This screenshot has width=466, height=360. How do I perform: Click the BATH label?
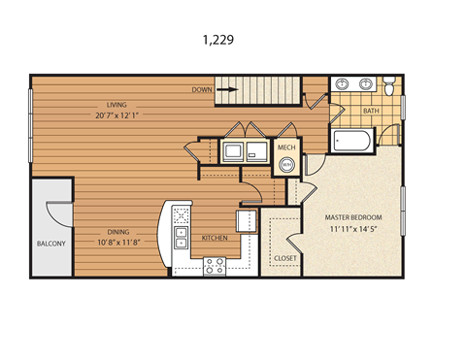[x=371, y=111]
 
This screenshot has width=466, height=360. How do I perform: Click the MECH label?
[x=286, y=147]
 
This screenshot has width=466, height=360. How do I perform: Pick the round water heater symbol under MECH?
[x=286, y=165]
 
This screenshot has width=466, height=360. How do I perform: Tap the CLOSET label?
[x=284, y=258]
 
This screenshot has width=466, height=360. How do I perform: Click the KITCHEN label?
[x=215, y=237]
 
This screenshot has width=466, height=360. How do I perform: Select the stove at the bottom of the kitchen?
[x=215, y=265]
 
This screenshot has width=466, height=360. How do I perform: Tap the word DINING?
[x=120, y=231]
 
